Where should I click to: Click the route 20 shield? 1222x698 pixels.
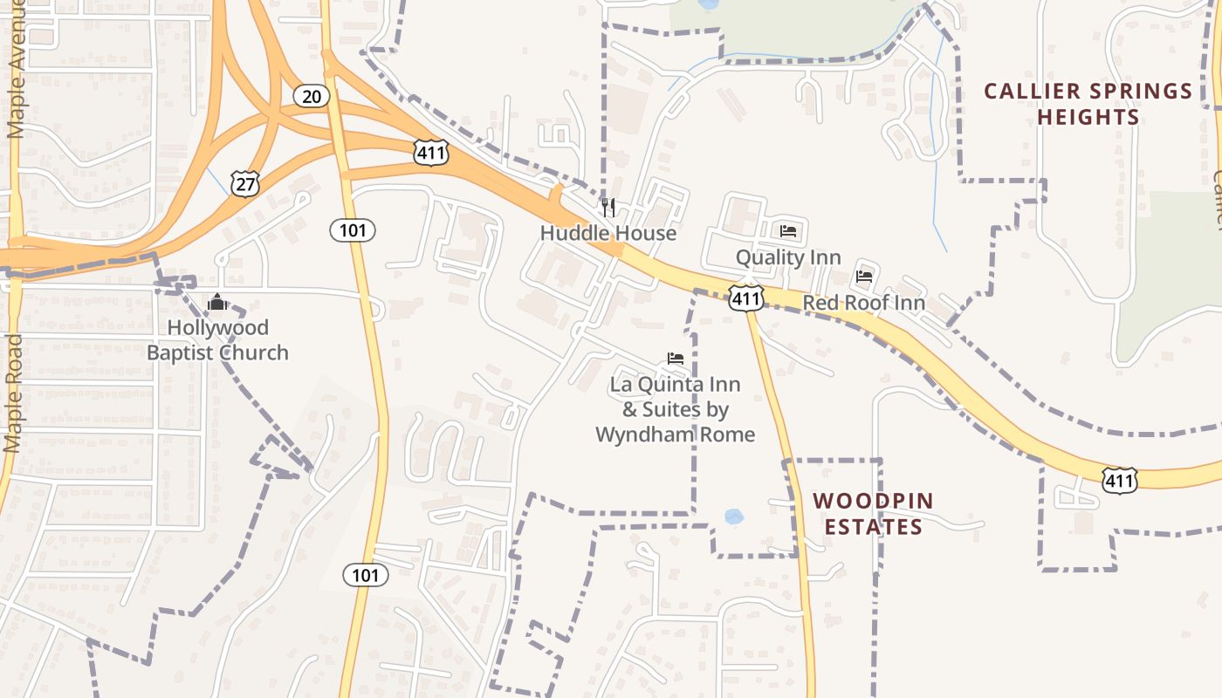(311, 95)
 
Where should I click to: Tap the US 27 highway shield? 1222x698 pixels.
(245, 182)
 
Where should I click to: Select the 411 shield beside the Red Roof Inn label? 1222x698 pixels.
(747, 298)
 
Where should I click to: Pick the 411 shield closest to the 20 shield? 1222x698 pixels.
(430, 154)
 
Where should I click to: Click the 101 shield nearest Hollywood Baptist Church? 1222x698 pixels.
(353, 230)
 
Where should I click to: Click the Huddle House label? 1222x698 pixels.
(608, 233)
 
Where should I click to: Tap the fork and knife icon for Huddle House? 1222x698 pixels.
(609, 208)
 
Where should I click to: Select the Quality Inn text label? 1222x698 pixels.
(788, 257)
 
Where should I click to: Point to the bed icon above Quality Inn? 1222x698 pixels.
(788, 231)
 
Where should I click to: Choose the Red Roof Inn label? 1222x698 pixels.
(863, 303)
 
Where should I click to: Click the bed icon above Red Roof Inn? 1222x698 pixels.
(864, 277)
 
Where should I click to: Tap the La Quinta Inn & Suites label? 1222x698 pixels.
(675, 409)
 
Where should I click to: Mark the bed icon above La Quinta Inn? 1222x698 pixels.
(675, 358)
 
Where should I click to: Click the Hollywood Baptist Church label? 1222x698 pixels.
(217, 340)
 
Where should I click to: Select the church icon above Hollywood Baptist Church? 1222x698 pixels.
(217, 302)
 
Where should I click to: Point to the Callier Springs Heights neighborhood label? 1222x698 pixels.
(1088, 104)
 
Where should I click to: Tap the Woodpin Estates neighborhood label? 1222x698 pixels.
(873, 514)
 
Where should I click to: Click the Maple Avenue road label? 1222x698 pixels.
(16, 70)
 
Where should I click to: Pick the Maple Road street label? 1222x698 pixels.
(13, 393)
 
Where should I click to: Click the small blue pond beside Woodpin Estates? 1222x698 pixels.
(733, 517)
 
